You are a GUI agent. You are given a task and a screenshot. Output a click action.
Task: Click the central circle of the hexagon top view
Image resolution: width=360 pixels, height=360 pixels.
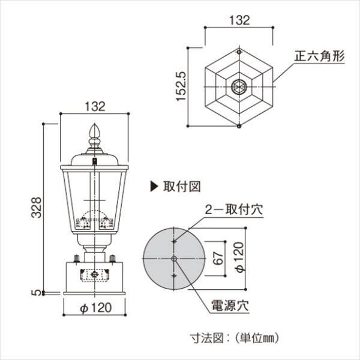[239, 86]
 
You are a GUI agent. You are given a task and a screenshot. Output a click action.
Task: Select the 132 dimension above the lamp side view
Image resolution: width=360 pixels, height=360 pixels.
[95, 106]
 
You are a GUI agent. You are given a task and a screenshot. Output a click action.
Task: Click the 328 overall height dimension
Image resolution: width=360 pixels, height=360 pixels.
[35, 207]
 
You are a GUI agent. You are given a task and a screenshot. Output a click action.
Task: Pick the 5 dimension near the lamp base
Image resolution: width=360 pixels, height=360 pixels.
[35, 292]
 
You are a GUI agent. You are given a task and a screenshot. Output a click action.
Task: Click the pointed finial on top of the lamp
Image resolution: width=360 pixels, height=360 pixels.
[94, 131]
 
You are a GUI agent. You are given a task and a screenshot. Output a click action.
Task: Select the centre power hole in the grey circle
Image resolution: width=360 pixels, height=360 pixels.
[174, 258]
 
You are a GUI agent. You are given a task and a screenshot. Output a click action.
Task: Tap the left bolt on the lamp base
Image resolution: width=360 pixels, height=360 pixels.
[77, 260]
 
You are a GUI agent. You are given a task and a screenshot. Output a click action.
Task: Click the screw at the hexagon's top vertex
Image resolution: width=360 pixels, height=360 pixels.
[239, 52]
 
